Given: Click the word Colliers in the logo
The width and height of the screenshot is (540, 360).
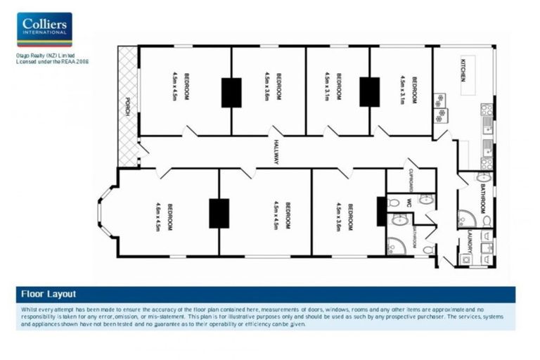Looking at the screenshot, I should click(44, 23).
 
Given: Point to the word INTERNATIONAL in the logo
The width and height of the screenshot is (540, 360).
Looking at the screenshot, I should click(44, 32).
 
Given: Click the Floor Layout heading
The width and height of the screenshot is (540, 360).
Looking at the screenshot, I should click(48, 295).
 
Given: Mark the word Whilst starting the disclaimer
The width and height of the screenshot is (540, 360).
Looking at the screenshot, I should click(31, 309).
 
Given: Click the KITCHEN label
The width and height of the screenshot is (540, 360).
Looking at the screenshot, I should click(463, 68).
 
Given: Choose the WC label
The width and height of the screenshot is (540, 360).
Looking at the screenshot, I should click(408, 202).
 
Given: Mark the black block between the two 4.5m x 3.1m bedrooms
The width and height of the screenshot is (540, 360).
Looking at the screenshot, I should click(369, 91).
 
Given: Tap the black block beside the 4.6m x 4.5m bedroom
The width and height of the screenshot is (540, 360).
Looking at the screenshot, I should click(219, 213).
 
